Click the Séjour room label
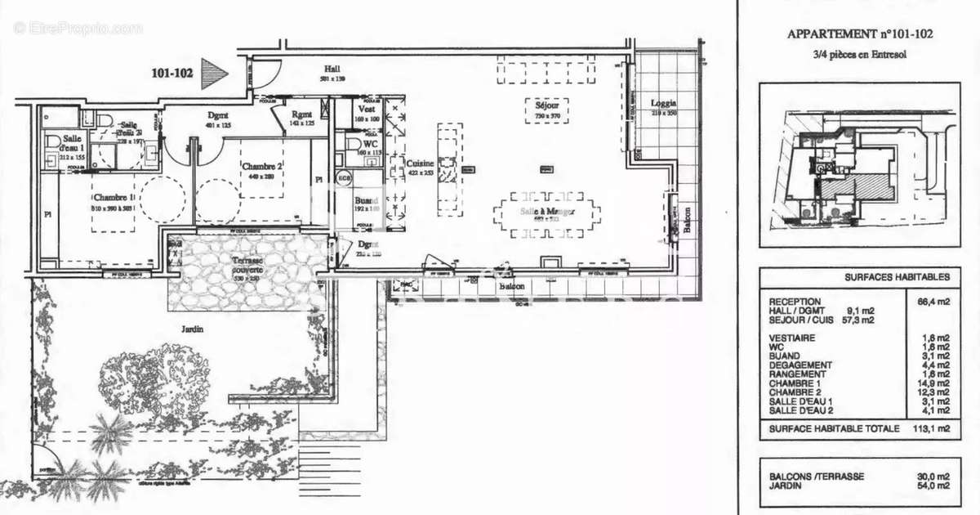[x=547, y=105]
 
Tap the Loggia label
[x=663, y=104]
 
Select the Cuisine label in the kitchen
[x=420, y=163]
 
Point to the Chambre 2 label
[x=262, y=167]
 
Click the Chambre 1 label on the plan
[x=110, y=198]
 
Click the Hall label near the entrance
[x=332, y=69]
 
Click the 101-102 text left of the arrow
[x=172, y=73]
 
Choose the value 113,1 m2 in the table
[x=931, y=428]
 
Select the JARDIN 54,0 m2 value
[x=932, y=486]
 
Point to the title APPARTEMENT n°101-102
[x=859, y=34]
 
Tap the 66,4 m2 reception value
[x=932, y=302]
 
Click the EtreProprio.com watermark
[x=78, y=28]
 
